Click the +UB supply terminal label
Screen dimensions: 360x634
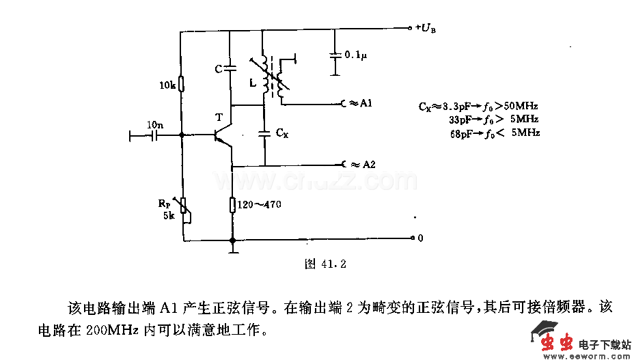click(426, 29)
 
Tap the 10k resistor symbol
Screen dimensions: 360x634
click(182, 84)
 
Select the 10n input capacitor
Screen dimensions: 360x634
click(155, 135)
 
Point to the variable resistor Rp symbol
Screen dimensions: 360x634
click(183, 208)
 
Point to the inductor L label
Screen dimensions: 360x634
click(253, 83)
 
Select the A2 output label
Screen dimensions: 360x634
click(368, 165)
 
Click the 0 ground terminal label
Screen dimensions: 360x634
click(420, 238)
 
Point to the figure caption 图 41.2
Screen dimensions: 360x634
click(325, 263)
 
